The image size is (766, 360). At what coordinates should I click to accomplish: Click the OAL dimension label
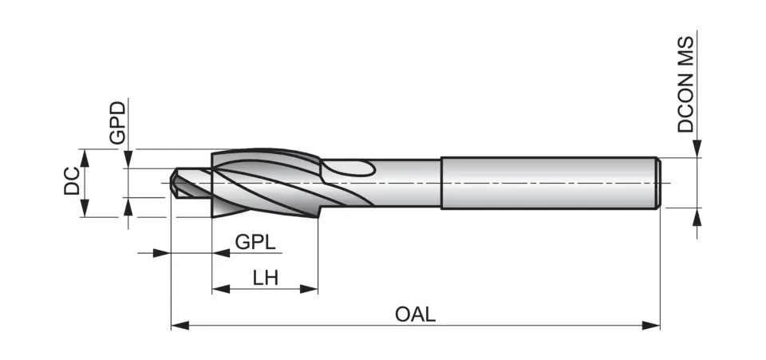point(415,314)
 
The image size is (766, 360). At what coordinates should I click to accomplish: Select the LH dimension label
point(265,278)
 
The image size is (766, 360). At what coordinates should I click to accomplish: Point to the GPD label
point(117,122)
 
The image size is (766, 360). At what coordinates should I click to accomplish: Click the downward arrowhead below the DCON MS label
point(697,149)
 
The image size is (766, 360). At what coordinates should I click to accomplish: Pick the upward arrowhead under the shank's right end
point(697,216)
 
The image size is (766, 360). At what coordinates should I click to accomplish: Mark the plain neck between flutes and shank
point(407,184)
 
